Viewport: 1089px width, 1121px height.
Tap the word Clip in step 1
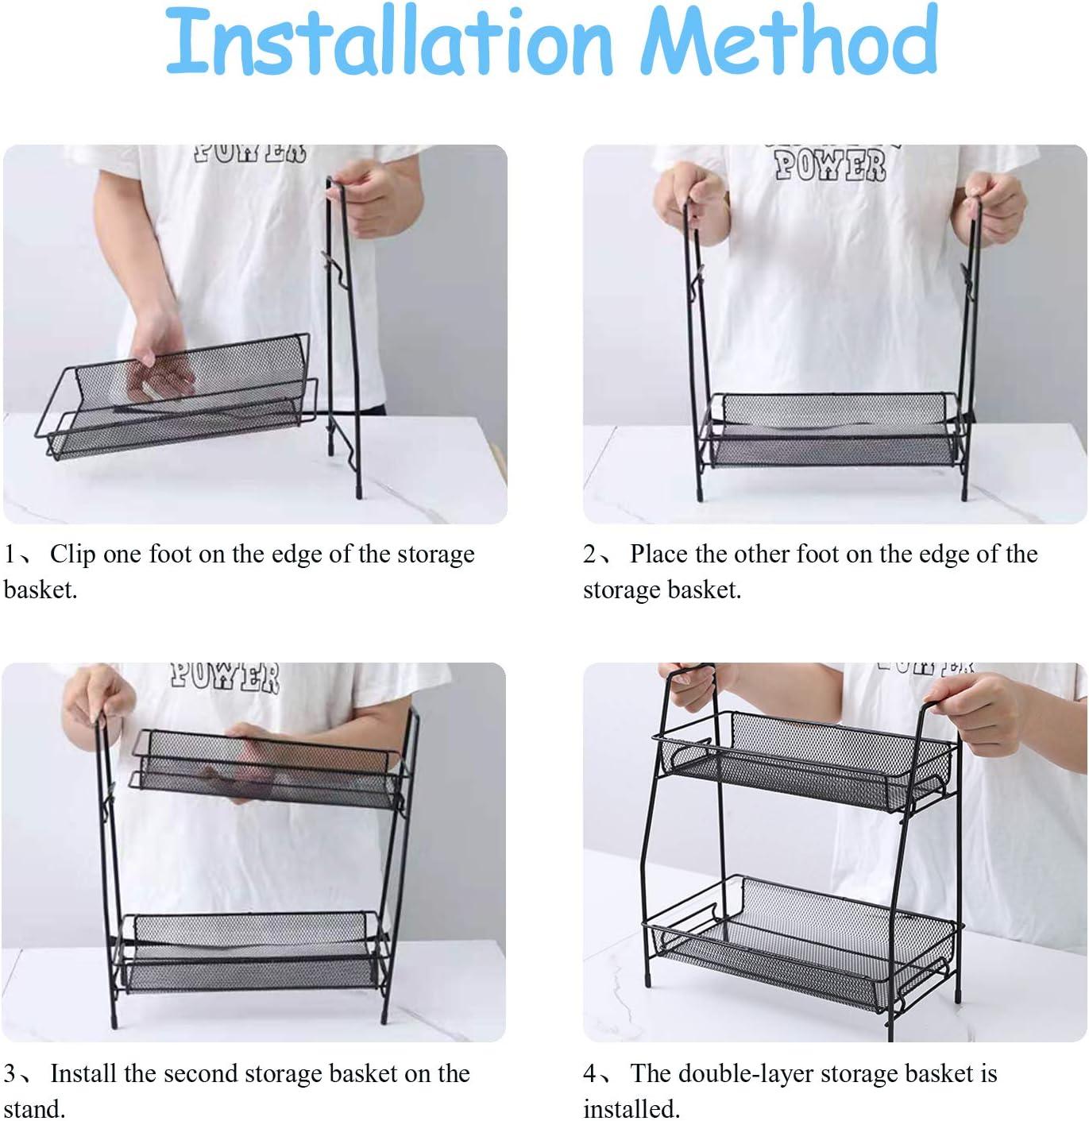(72, 554)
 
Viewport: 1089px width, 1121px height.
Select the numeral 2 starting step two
(590, 554)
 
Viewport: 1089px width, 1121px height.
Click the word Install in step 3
(83, 1073)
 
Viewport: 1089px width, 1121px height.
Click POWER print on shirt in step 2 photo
(830, 165)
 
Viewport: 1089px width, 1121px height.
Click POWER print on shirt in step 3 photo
(225, 677)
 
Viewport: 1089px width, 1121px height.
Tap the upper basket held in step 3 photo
(266, 767)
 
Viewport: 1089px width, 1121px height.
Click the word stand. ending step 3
(34, 1109)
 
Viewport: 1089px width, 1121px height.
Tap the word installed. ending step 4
(631, 1109)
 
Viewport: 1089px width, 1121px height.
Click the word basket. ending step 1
(41, 590)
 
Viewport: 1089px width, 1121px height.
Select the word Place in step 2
(658, 554)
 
